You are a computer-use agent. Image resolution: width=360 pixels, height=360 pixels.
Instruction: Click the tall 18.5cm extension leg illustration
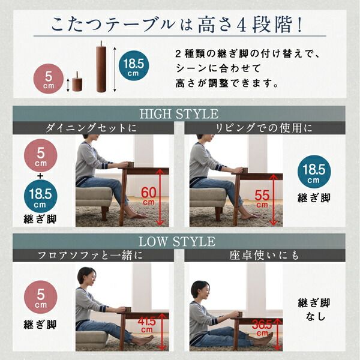click(101, 66)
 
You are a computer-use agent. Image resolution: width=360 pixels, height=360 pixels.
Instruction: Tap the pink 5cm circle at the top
click(46, 80)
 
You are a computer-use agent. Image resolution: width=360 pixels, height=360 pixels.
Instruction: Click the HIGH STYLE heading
click(179, 114)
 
